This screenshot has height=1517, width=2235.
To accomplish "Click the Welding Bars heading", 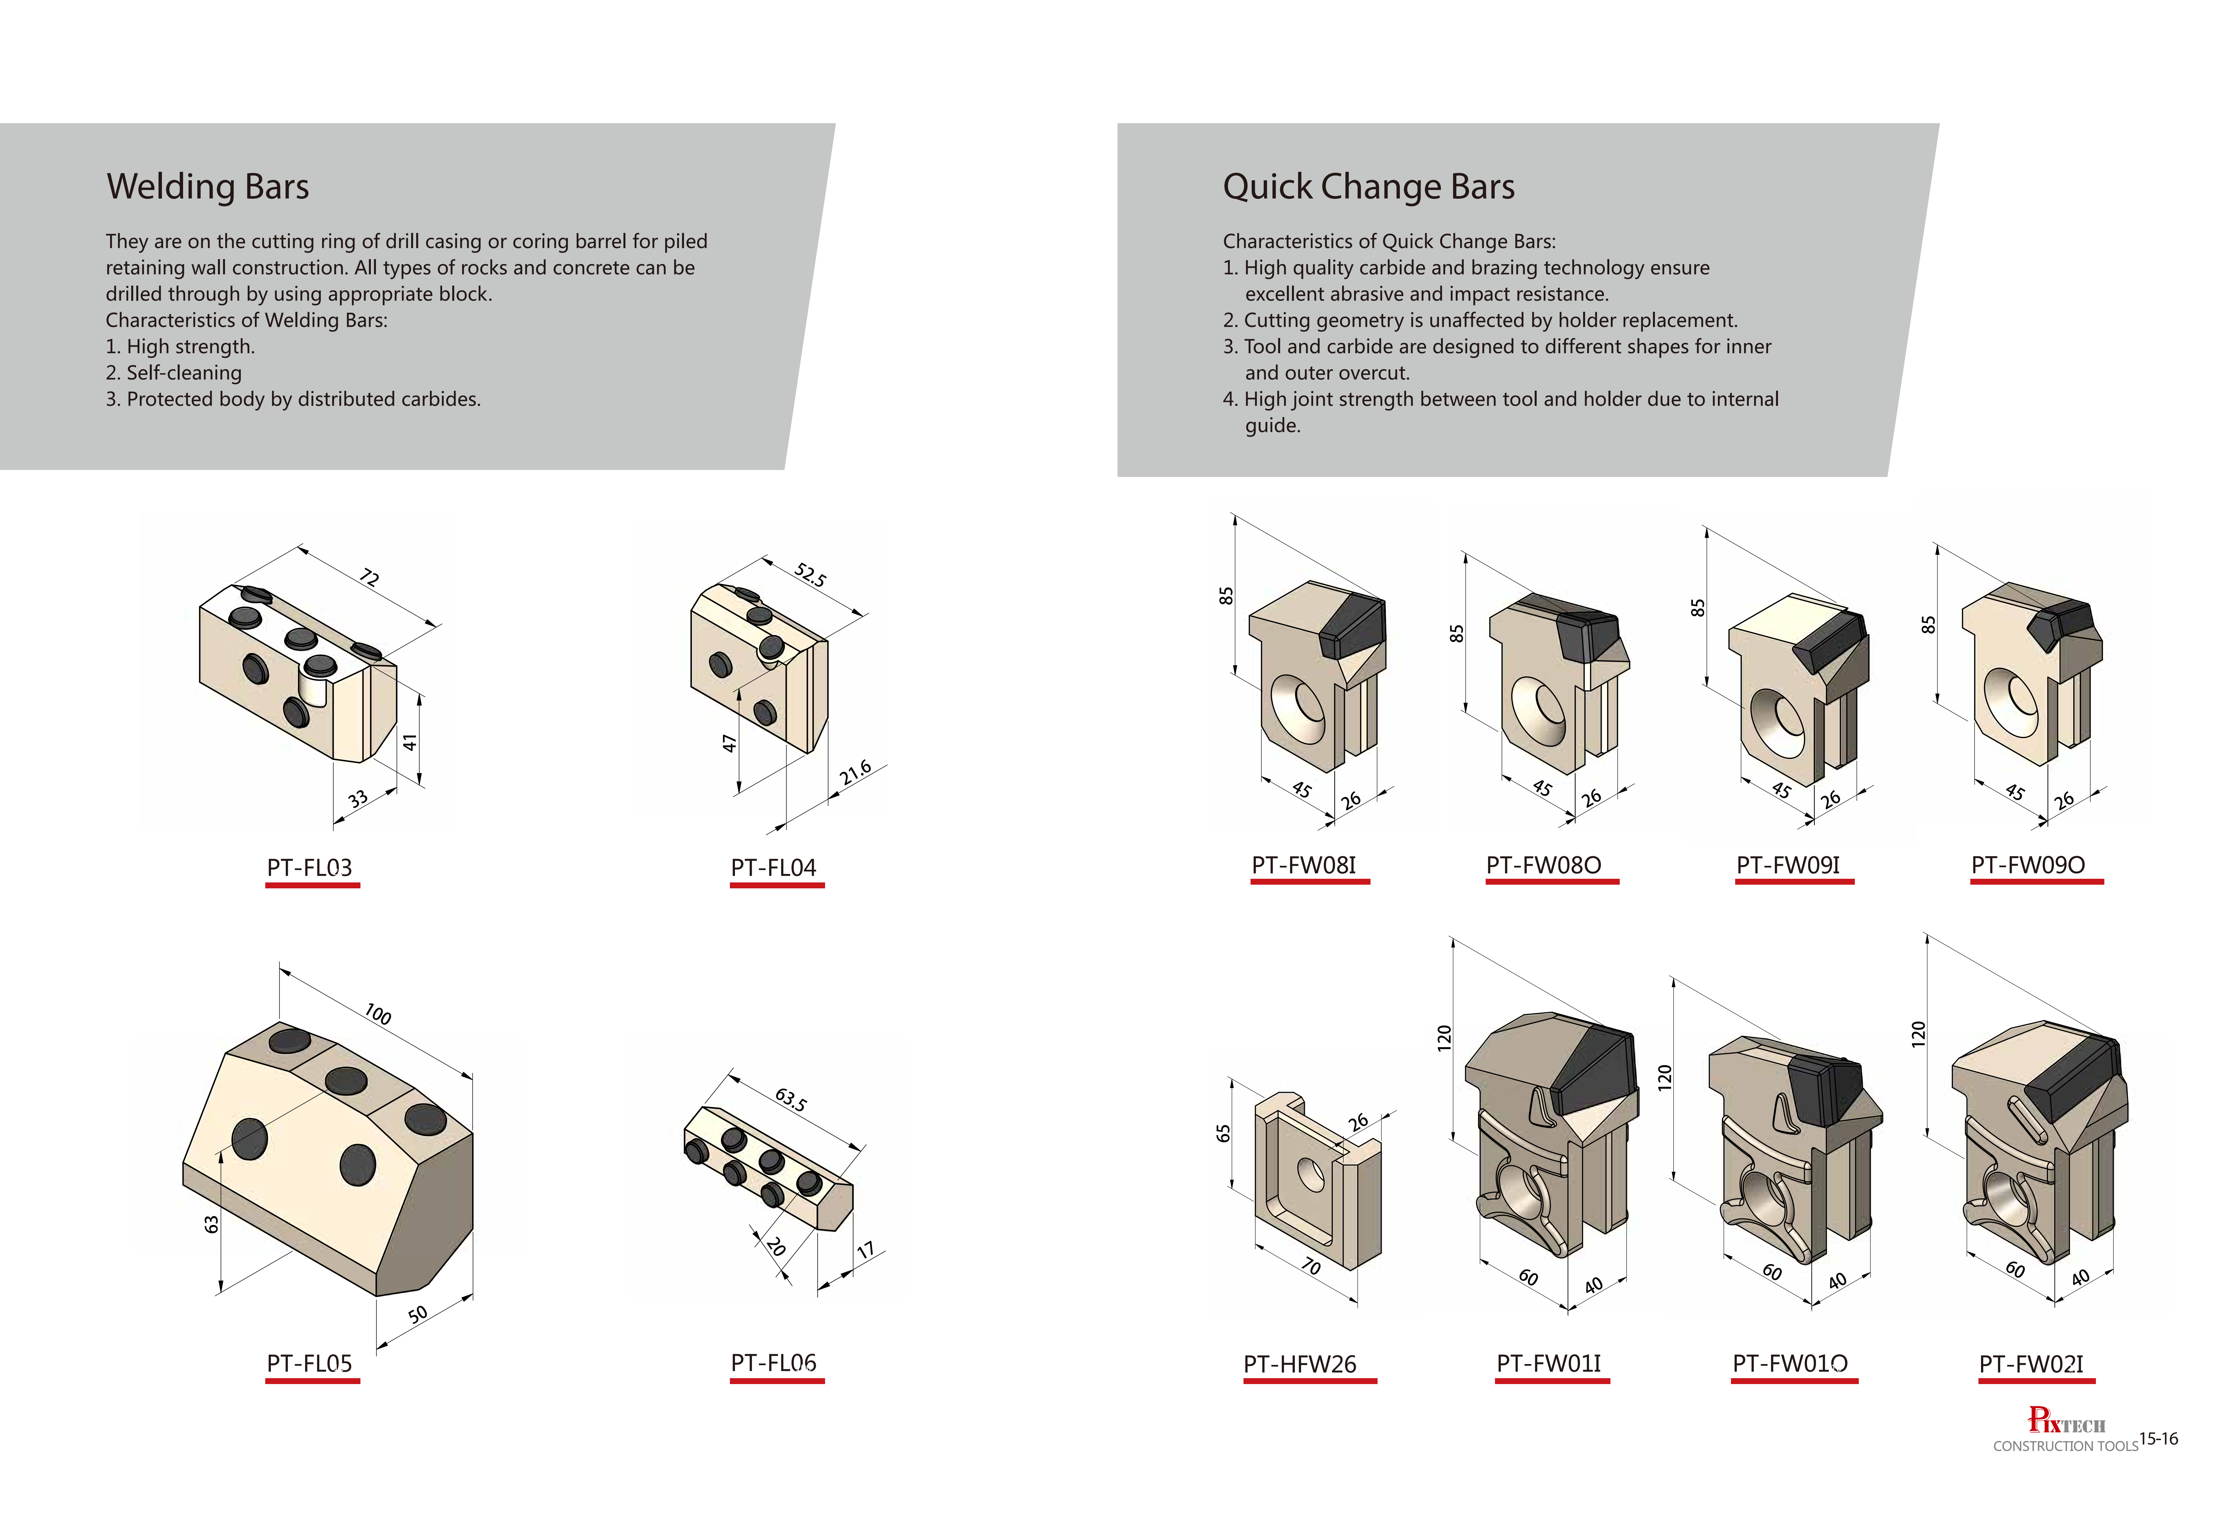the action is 208,187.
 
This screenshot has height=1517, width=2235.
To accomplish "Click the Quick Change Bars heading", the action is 1369,187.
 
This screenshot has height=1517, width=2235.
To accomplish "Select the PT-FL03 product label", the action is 310,868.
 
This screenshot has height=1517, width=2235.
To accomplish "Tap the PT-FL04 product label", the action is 773,868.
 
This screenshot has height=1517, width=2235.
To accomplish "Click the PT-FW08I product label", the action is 1304,865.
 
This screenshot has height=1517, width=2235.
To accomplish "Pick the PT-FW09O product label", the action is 2028,865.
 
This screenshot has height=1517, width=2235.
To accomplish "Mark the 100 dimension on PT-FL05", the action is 378,1015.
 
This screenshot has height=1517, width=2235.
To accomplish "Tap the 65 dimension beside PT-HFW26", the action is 1223,1133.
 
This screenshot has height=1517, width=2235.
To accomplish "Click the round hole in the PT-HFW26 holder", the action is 1311,1173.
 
